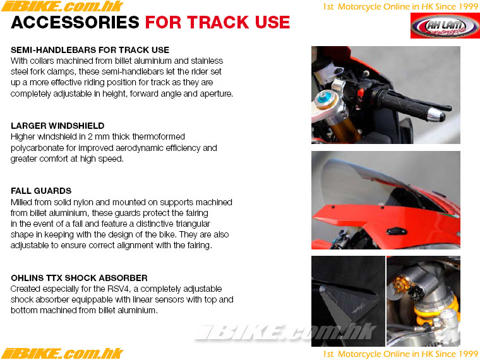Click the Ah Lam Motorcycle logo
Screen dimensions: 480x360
click(445, 26)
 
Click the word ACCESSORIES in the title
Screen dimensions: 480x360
click(75, 22)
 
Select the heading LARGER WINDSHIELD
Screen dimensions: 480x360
click(57, 126)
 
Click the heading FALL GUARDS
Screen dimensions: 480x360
click(41, 191)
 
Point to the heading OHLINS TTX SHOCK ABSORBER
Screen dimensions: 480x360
click(80, 278)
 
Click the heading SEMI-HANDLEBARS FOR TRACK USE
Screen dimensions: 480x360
click(90, 50)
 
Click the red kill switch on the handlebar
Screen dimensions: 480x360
click(361, 92)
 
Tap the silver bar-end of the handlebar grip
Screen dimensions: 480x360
click(436, 114)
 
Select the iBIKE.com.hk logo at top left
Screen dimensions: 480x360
click(63, 6)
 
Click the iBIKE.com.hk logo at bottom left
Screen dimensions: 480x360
click(63, 353)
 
